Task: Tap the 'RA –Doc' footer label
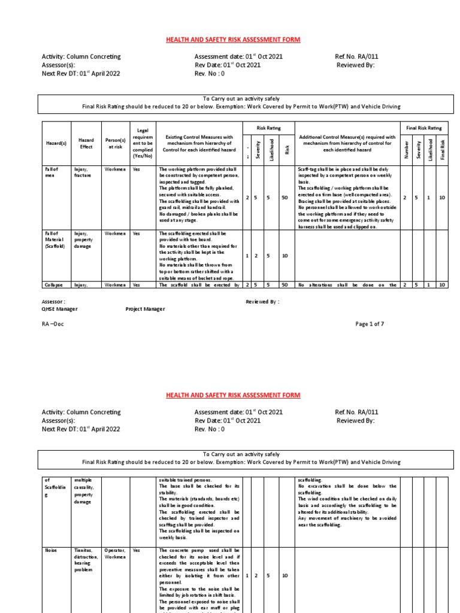click(52, 323)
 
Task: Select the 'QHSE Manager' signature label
click(59, 309)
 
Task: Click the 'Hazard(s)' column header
click(55, 144)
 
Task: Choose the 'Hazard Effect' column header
click(86, 144)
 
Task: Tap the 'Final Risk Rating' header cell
click(424, 128)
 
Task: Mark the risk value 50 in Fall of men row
click(286, 197)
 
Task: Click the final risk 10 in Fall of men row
click(442, 197)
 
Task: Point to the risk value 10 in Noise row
click(286, 575)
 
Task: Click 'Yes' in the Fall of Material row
click(136, 233)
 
